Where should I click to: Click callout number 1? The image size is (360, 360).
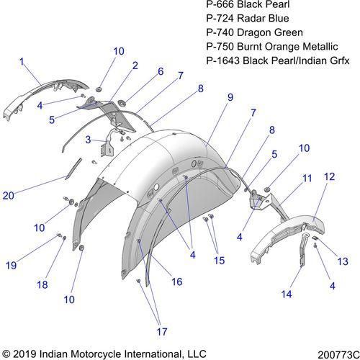[x=22, y=62]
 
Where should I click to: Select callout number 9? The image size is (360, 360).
[x=230, y=97]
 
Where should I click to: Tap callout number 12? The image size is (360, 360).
[x=329, y=176]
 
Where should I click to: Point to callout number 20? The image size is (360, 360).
[x=9, y=196]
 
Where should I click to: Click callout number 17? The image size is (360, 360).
[x=162, y=332]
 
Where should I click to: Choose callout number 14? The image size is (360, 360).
[x=287, y=294]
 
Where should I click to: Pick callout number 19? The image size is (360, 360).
[x=11, y=266]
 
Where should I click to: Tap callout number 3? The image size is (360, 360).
[x=88, y=140]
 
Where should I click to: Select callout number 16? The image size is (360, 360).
[x=177, y=282]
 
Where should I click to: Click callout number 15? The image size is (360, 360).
[x=219, y=261]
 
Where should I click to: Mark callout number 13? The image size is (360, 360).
[x=343, y=261]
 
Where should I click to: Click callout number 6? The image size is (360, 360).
[x=161, y=71]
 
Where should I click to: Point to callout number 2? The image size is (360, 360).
[x=135, y=66]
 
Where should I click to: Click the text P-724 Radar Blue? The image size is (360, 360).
[x=248, y=18]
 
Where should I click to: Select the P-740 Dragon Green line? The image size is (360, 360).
[x=254, y=32]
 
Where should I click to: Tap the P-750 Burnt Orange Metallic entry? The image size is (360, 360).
[x=272, y=47]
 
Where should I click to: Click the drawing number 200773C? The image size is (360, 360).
[x=338, y=355]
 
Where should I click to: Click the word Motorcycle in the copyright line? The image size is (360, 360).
[x=96, y=354]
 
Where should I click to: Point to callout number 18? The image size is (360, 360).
[x=42, y=285]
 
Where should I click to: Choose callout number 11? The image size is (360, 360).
[x=307, y=179]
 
